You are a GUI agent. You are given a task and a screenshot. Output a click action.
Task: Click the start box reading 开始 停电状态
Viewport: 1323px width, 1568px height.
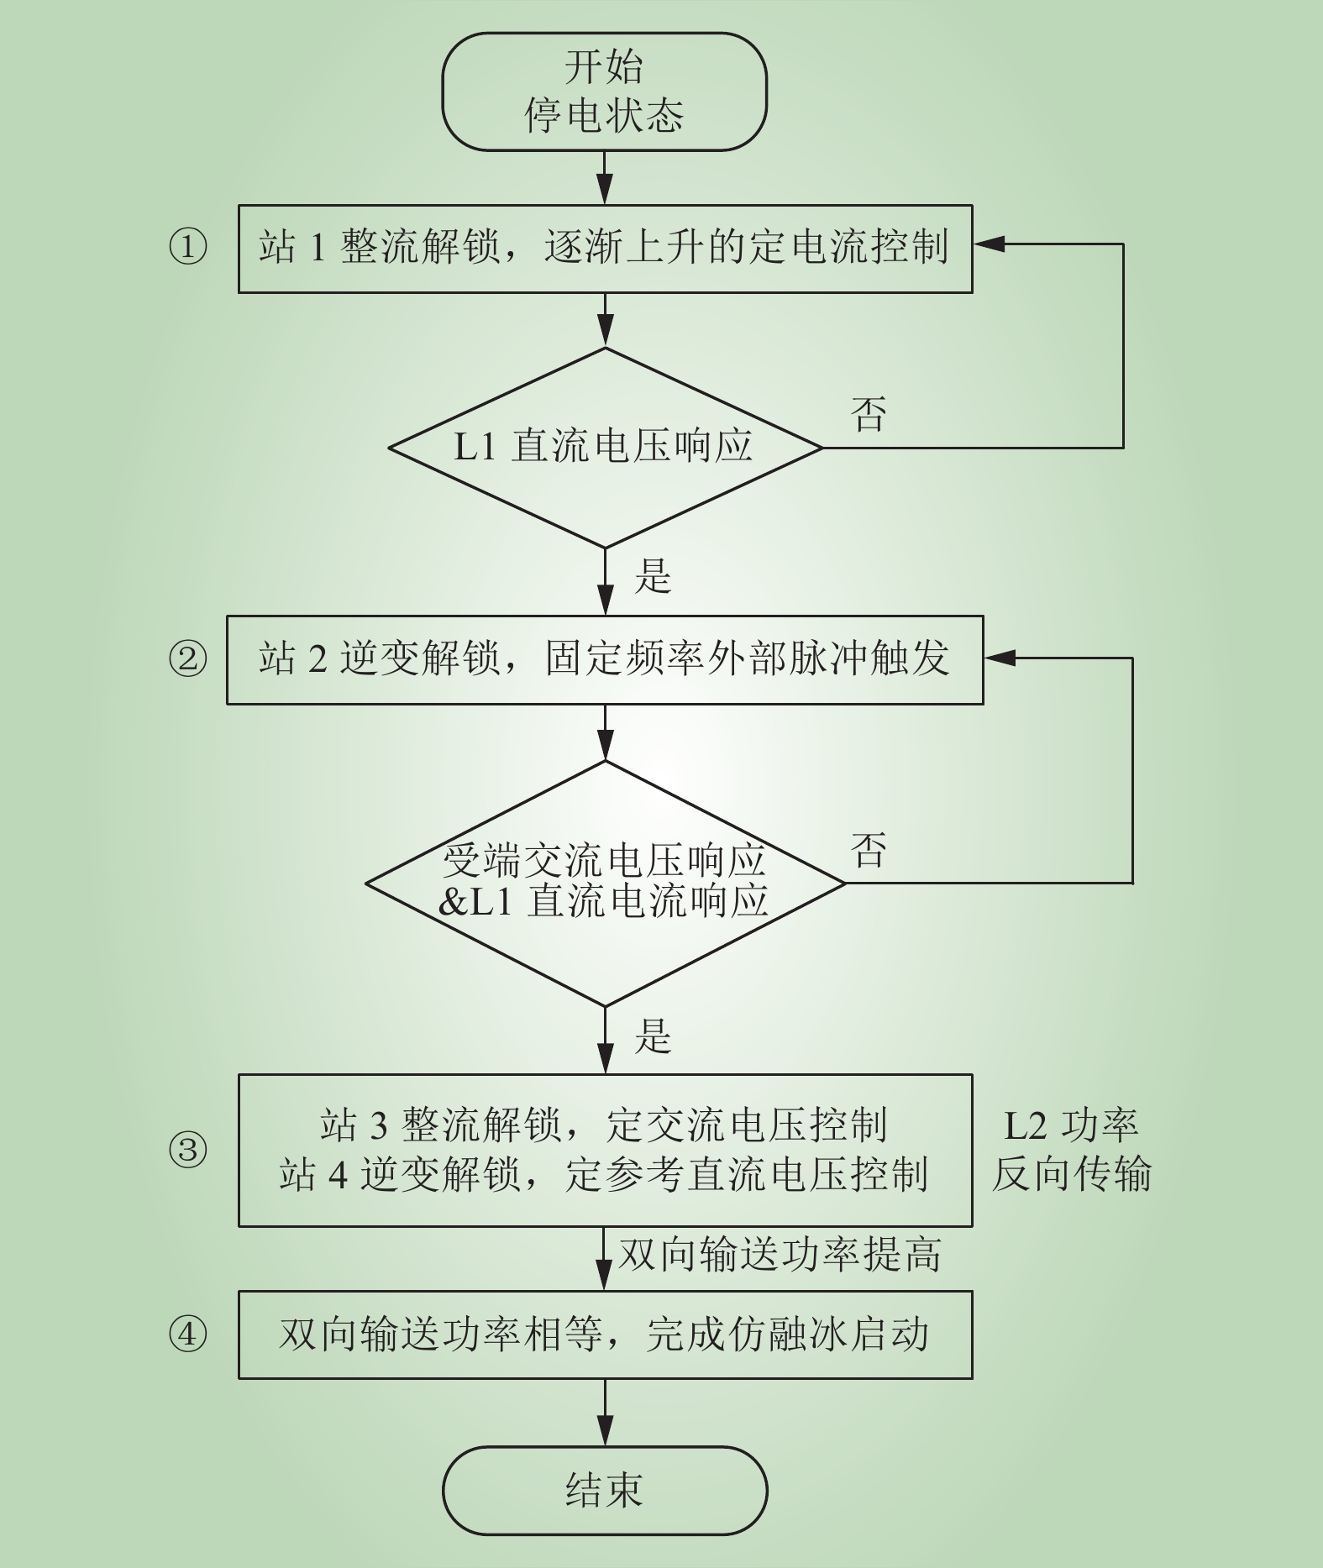(x=605, y=92)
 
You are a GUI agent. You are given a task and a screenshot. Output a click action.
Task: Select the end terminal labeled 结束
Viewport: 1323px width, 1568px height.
(x=605, y=1490)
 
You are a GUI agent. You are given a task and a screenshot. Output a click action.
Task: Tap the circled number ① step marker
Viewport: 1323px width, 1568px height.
(x=187, y=248)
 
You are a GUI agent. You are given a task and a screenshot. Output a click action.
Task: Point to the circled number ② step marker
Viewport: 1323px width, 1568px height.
(x=187, y=659)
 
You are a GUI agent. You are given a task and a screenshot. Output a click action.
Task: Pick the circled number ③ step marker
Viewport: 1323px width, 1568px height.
(x=187, y=1150)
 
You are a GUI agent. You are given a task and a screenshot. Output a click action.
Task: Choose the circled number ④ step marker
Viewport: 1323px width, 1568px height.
(x=187, y=1335)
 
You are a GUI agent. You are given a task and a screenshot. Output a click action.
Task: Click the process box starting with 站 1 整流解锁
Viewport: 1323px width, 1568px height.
(x=605, y=249)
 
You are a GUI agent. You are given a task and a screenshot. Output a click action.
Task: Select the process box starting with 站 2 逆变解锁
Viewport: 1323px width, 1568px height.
(x=605, y=659)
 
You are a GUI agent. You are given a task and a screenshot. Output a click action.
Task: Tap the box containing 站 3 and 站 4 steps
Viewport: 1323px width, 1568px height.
(x=605, y=1150)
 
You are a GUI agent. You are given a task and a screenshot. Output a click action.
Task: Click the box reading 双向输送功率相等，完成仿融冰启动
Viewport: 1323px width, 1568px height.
(x=605, y=1335)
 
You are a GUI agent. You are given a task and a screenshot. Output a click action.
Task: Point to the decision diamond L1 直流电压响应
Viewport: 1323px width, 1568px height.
(x=605, y=448)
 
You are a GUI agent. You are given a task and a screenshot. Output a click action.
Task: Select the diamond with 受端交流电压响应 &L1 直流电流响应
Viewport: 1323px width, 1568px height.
(x=605, y=884)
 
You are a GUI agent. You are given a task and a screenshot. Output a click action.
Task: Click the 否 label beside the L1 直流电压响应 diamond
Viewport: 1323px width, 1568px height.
(x=869, y=414)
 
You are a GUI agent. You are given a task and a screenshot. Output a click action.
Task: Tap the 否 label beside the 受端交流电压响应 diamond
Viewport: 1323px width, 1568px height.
(x=869, y=851)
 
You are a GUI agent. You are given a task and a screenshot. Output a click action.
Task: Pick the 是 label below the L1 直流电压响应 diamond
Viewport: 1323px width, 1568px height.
(x=653, y=576)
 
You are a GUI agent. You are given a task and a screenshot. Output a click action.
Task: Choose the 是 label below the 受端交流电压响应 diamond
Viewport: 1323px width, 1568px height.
(x=653, y=1036)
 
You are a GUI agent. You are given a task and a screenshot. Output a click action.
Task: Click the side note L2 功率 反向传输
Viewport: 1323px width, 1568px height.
(x=1071, y=1150)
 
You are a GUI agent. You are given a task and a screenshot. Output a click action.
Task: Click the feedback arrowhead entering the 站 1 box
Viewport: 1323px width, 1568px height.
(x=989, y=244)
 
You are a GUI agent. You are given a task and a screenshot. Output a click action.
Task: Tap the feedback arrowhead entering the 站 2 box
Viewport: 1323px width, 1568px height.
(x=1000, y=658)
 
